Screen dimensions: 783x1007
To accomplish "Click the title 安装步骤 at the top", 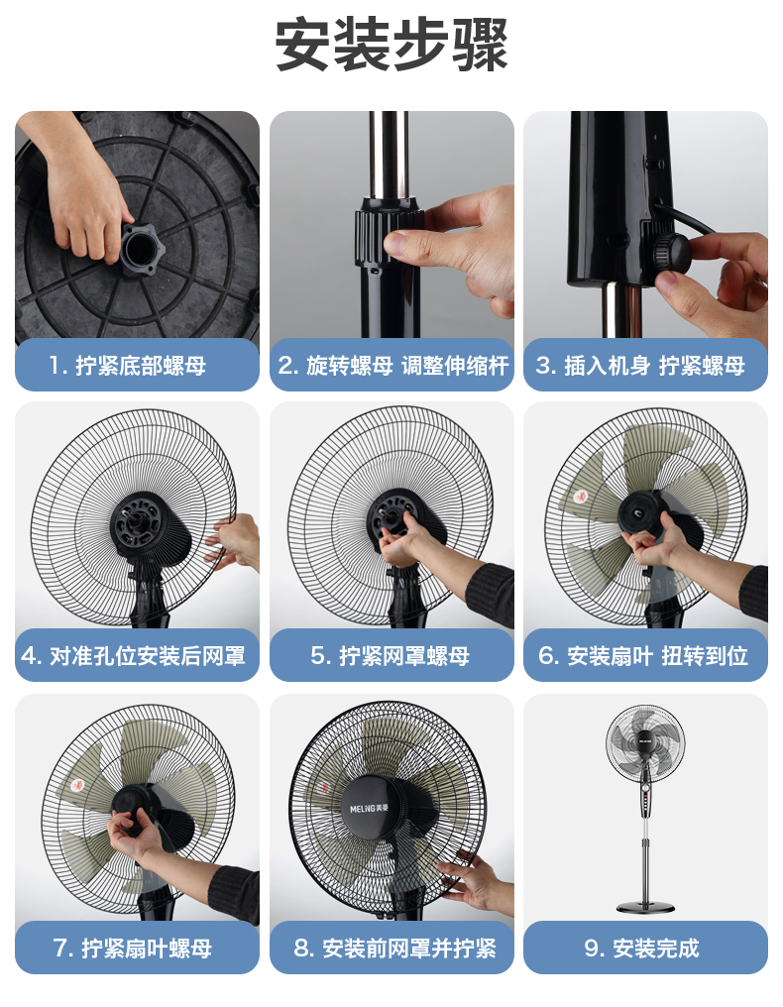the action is coord(391,45).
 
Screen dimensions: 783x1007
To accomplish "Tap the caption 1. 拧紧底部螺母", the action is coord(128,366).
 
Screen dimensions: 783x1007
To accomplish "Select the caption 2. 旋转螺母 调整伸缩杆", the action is coord(393,366).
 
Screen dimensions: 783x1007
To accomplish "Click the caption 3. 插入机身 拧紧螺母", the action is coord(640,366).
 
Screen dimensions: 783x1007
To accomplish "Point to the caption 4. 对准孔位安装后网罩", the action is coord(134,656).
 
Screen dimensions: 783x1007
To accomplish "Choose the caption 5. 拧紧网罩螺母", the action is coord(390,656).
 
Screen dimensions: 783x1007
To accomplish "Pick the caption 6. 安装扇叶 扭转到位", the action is coord(643,656).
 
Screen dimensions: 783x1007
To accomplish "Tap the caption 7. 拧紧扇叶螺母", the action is coord(133,948).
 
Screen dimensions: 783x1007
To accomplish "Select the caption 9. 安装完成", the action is coord(641,948).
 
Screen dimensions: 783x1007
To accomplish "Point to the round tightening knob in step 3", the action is coord(672,253).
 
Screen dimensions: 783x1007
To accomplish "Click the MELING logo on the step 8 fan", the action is coord(370,808).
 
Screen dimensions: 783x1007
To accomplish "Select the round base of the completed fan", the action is coord(645,907).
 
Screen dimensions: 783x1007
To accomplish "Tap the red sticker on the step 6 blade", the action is coord(581,496).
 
